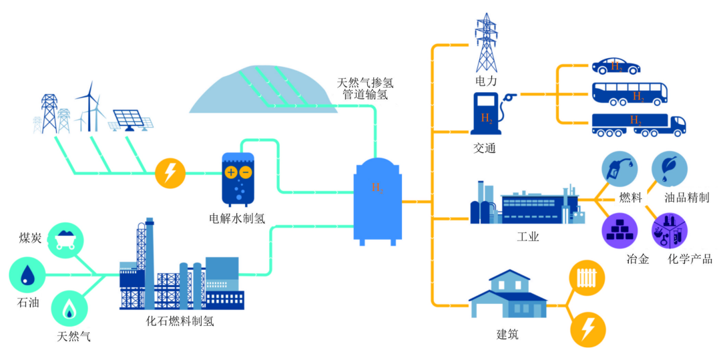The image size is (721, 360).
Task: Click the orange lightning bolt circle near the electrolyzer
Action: tap(170, 174)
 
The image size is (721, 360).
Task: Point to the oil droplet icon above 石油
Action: tap(27, 275)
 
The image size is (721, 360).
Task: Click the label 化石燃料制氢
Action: tap(180, 321)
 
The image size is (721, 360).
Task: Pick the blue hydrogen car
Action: tap(616, 65)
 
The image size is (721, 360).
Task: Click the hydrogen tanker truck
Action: tap(638, 125)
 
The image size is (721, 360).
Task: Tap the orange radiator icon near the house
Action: tap(587, 276)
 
